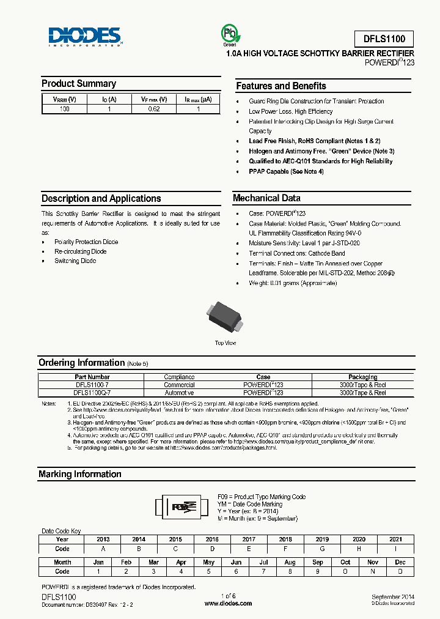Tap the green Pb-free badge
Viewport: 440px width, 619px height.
pos(229,35)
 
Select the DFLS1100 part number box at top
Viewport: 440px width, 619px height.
pos(384,39)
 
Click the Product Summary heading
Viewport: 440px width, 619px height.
pos(79,84)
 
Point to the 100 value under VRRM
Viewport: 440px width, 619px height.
pos(64,109)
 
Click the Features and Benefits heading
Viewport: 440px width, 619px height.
pos(281,86)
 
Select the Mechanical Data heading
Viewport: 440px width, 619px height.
pos(266,198)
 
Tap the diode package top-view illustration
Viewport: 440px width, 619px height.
pos(226,316)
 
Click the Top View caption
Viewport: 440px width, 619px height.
pos(226,343)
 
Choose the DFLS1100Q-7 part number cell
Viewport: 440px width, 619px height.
pos(92,393)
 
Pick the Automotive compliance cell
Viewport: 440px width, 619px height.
pos(179,393)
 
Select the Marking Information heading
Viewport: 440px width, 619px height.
pos(80,474)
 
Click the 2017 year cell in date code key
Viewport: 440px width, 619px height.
pos(249,539)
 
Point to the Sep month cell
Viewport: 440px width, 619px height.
pos(318,562)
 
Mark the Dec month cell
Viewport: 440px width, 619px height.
pos(400,562)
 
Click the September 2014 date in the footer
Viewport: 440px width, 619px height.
pos(393,596)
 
